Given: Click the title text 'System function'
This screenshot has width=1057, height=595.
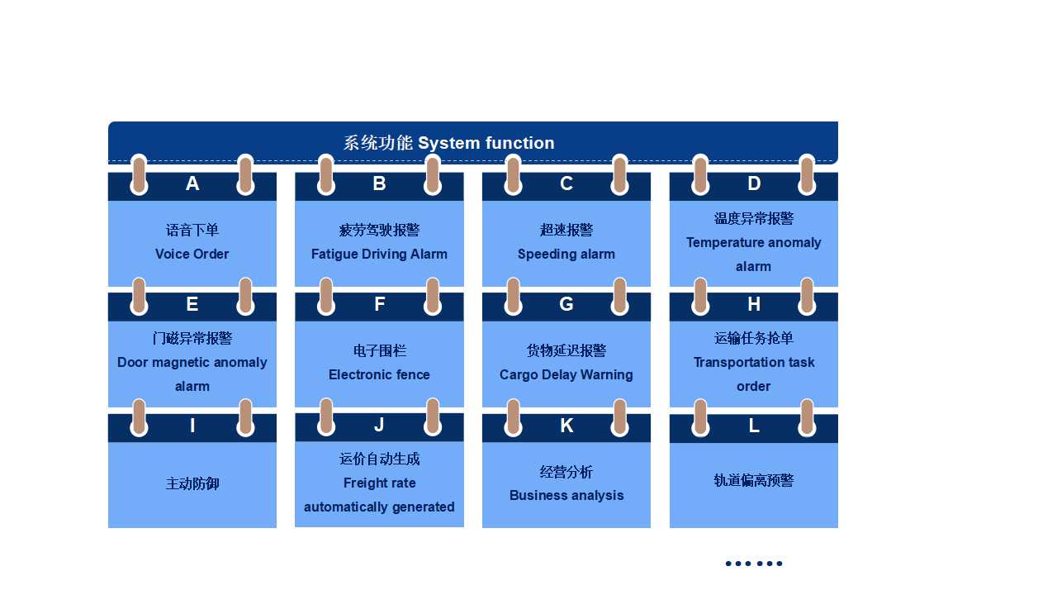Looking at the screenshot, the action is (486, 143).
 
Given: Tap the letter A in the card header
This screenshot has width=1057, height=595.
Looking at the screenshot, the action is (192, 183).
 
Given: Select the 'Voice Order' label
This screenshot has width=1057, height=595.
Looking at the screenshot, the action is (192, 254).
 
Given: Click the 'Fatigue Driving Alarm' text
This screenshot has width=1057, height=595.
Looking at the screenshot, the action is (379, 254).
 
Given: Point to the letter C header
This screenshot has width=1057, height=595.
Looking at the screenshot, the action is (566, 183).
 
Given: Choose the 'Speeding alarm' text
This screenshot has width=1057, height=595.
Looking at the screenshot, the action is (566, 254).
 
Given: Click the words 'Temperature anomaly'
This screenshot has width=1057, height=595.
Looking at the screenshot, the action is (754, 243).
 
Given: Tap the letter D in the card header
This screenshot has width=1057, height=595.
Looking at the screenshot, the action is (754, 183).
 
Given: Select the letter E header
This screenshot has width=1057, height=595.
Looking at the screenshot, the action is (192, 304).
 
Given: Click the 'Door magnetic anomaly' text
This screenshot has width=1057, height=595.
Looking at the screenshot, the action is (192, 362).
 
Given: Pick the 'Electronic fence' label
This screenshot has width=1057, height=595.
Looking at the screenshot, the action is (379, 374).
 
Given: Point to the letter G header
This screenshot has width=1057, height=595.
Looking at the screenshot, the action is (566, 304).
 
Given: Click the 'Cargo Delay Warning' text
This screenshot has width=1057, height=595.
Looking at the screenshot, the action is (566, 374).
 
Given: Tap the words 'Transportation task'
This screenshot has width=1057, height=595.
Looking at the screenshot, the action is (754, 362).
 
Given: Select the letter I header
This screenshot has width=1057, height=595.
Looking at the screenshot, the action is (192, 426).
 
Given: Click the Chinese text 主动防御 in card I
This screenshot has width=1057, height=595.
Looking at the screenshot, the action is (192, 483).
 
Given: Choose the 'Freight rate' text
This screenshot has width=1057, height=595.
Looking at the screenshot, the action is (379, 483).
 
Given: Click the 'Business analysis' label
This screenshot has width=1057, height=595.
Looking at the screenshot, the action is (566, 495).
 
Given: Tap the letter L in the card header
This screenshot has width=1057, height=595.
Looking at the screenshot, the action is (754, 426).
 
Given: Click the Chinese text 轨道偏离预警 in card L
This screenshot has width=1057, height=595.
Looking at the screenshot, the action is (754, 480).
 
